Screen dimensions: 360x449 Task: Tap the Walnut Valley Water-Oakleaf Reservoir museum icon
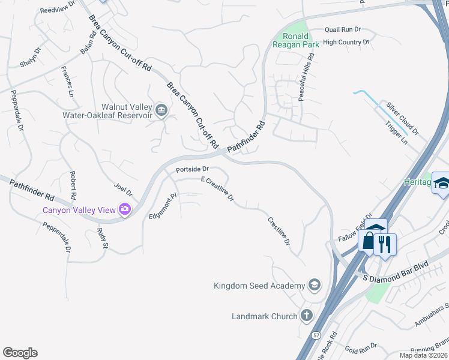(161, 110)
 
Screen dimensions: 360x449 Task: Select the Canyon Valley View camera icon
(125, 209)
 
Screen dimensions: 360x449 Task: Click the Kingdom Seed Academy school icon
(314, 285)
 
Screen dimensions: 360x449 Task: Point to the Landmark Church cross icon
(306, 316)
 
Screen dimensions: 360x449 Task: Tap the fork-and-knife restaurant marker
(385, 244)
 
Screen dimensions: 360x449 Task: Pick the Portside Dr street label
(191, 170)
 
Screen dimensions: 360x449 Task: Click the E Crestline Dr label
(217, 188)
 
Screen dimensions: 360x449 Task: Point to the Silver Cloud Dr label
(402, 118)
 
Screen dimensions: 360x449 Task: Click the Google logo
(20, 353)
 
